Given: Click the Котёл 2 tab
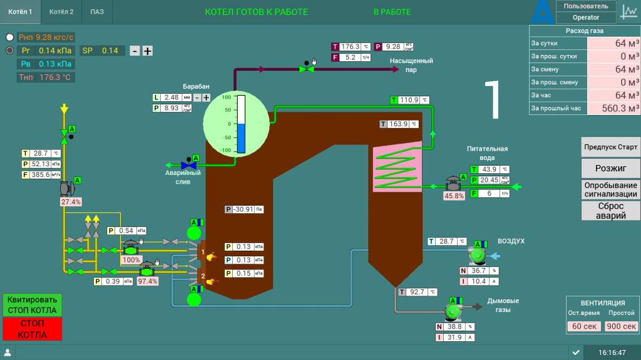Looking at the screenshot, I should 61,12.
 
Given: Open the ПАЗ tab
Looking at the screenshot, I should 97,12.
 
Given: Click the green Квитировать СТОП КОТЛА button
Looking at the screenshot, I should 33,305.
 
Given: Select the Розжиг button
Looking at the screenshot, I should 610,169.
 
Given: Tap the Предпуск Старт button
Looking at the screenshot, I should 610,147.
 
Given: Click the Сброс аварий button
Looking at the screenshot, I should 610,211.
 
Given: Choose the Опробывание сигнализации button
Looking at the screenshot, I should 610,189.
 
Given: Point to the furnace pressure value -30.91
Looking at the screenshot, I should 244,209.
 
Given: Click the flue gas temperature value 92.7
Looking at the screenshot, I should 418,292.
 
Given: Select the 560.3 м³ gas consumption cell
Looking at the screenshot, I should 613,108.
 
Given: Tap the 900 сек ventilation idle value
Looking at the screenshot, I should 621,326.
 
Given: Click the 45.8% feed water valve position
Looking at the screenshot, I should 454,196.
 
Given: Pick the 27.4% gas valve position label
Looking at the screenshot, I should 71,202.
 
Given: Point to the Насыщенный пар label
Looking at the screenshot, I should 411,65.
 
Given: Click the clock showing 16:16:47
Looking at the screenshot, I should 612,352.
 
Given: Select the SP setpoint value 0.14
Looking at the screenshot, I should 110,51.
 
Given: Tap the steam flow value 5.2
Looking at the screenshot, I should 350,57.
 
